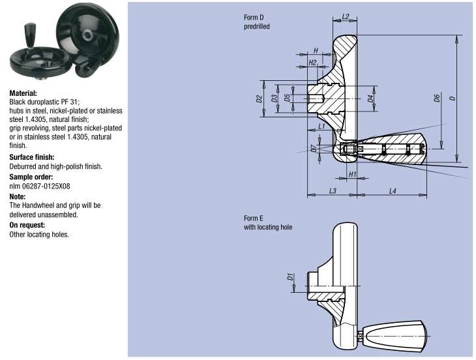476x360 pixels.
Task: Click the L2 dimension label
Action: pos(346,16)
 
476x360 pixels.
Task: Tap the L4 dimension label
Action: pos(393,190)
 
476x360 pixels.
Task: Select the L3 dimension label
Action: pos(332,190)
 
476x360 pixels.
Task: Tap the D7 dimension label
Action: pos(314,149)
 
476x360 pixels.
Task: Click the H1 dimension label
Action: pos(352,174)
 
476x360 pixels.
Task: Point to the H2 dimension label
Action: pos(312,62)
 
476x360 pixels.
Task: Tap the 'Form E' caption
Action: pos(254,218)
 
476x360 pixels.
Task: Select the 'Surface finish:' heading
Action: pos(31,157)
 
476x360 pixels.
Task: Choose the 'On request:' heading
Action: pos(27,224)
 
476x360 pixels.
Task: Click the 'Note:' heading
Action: pos(18,196)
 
